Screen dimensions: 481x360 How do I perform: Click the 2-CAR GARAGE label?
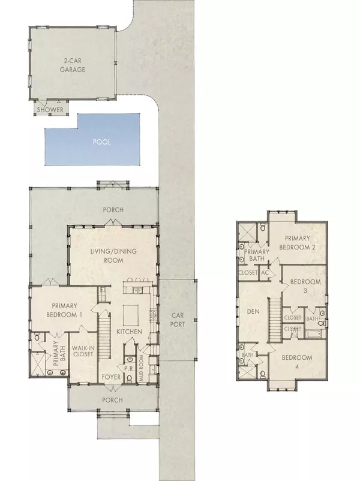tap(76, 65)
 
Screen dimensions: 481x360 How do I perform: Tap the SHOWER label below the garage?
tap(51, 110)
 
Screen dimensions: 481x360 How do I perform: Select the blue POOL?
tap(101, 143)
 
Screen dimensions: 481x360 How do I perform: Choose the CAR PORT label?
tap(177, 320)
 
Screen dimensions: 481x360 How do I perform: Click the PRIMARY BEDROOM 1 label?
tap(64, 310)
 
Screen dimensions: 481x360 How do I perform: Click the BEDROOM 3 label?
tap(306, 285)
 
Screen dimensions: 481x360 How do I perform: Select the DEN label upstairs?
tap(251, 311)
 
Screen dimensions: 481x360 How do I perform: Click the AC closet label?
tap(264, 272)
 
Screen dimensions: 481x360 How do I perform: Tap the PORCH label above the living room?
tap(113, 210)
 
